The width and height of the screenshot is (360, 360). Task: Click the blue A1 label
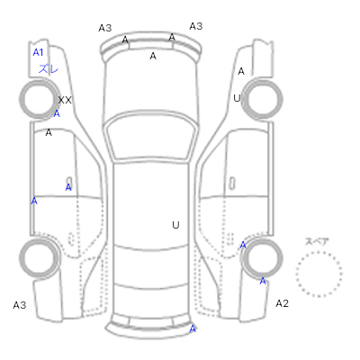click(x=38, y=52)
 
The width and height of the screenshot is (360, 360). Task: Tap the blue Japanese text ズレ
click(x=48, y=69)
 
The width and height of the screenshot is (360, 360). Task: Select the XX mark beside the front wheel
click(x=65, y=100)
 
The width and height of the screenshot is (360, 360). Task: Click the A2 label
click(x=282, y=303)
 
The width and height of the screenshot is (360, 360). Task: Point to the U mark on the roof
click(x=175, y=225)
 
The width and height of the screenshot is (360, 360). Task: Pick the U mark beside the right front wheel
click(x=237, y=98)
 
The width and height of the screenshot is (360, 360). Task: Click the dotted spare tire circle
click(x=319, y=274)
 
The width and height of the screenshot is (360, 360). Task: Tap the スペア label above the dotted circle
click(x=317, y=241)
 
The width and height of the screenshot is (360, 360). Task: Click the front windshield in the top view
click(x=152, y=136)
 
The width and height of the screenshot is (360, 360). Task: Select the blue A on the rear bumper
click(x=193, y=328)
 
